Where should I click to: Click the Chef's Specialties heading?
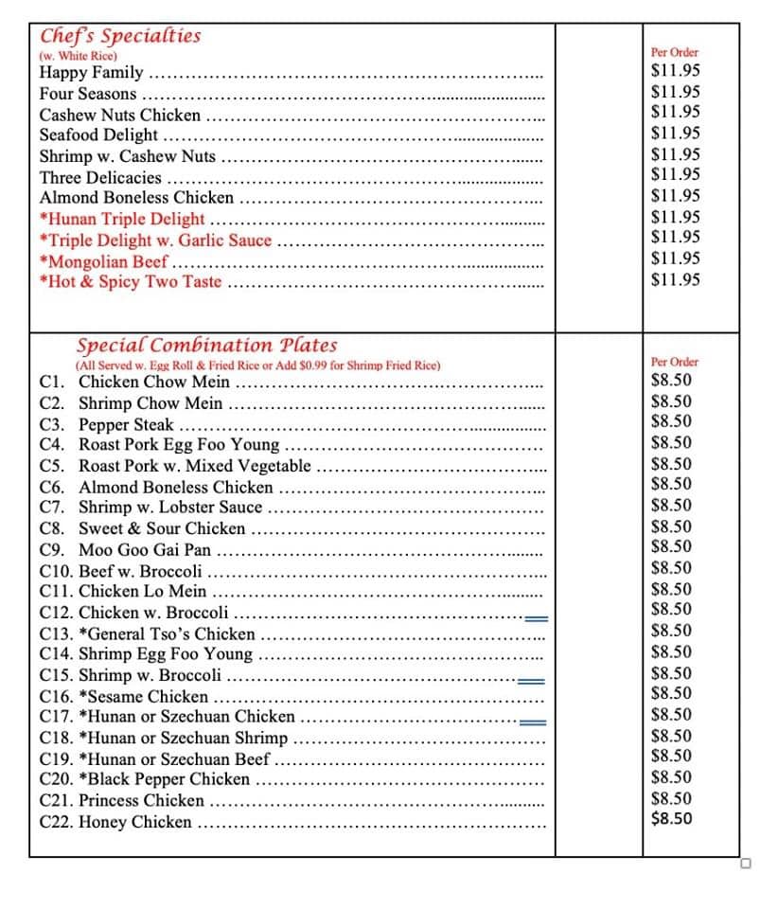pos(120,36)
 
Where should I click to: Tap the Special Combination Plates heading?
pos(206,345)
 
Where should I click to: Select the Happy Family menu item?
pos(92,72)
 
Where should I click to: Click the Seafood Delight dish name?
pos(98,134)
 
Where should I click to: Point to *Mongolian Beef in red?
pos(104,261)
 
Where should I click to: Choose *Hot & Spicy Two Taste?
pos(131,281)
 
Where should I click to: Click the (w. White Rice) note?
pos(79,56)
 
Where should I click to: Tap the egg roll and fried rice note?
pos(257,365)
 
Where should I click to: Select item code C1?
pos(53,382)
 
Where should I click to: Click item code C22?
pos(57,822)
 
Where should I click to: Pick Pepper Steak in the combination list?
pos(126,424)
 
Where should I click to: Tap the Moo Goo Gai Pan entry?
pos(145,549)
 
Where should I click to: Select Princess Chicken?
pos(141,800)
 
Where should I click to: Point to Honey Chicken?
pos(134,822)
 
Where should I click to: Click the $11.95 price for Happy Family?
pos(676,70)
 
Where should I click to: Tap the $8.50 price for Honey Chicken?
pos(672,819)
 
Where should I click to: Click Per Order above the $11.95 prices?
pos(675,53)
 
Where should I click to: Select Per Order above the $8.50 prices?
pos(675,362)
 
